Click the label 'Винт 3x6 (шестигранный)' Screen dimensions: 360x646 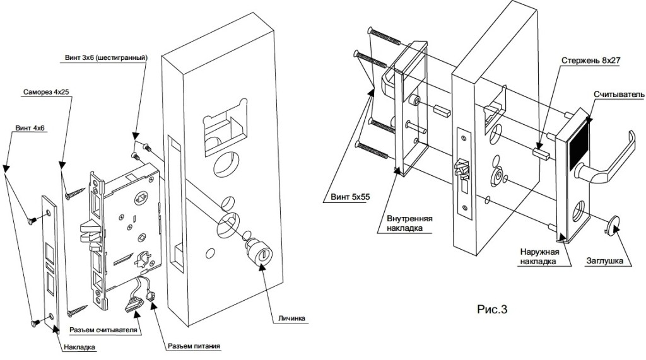click(106, 57)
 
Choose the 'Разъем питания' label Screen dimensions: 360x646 click(194, 346)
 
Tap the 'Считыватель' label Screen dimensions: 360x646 click(618, 94)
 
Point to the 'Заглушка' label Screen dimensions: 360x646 click(606, 260)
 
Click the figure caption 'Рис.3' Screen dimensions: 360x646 click(491, 309)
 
